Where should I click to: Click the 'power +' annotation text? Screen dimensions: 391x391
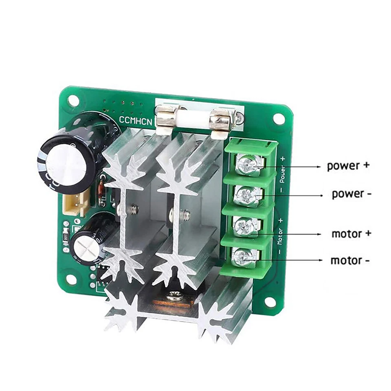point(348,166)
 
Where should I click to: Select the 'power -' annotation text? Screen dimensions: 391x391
point(351,193)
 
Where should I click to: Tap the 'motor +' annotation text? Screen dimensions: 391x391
point(351,234)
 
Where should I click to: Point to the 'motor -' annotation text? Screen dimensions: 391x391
point(350,260)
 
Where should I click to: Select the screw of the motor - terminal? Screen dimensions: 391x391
point(242,257)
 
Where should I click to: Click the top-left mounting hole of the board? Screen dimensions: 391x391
point(73,101)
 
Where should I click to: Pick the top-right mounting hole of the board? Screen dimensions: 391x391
point(279,119)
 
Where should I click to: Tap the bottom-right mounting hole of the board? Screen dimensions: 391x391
point(269,302)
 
